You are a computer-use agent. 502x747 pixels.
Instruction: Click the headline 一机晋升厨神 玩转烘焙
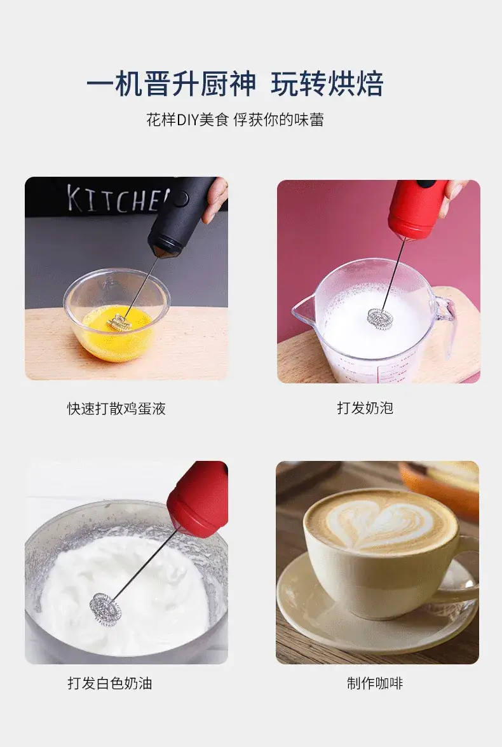coord(235,84)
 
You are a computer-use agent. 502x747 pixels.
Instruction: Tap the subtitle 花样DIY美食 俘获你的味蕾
coord(235,120)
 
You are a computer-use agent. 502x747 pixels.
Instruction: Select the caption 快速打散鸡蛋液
coord(116,408)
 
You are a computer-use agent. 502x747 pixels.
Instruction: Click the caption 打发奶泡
coord(365,408)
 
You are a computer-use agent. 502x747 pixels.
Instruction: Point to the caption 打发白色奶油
coord(109,683)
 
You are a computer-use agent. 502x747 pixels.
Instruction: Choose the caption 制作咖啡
coord(375,683)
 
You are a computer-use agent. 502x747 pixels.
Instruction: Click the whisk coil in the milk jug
coord(380,317)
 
